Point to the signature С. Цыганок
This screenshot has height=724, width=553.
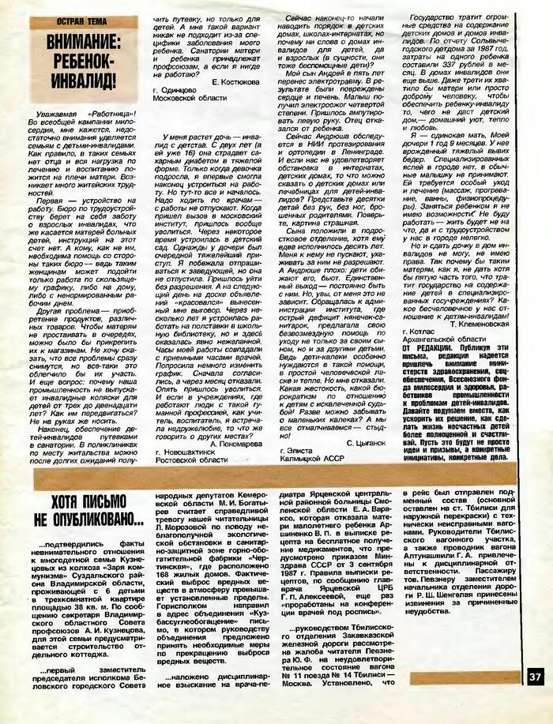pyautogui.click(x=374, y=444)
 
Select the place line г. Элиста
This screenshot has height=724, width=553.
pyautogui.click(x=299, y=456)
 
